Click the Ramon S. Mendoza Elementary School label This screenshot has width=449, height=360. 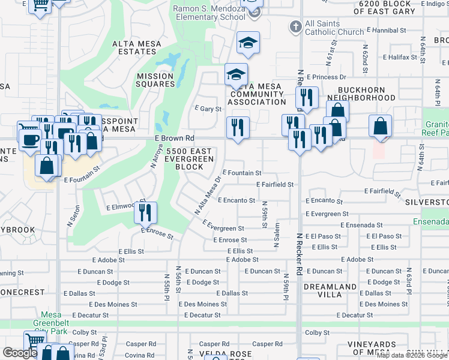click(x=209, y=13)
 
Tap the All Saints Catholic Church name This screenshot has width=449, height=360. click(x=334, y=27)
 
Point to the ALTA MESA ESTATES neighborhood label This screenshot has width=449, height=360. click(x=134, y=47)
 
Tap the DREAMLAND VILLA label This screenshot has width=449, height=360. click(x=330, y=291)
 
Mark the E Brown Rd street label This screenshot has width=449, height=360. click(x=175, y=138)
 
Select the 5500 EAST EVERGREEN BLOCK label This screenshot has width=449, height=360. click(x=190, y=158)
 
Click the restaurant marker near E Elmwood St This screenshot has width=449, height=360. click(x=145, y=212)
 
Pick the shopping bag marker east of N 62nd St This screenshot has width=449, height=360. click(x=380, y=126)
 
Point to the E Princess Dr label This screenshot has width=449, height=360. click(x=327, y=77)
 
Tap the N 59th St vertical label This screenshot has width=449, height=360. click(x=264, y=215)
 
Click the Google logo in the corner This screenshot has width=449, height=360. click(x=20, y=353)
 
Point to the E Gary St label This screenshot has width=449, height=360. click(x=208, y=109)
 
